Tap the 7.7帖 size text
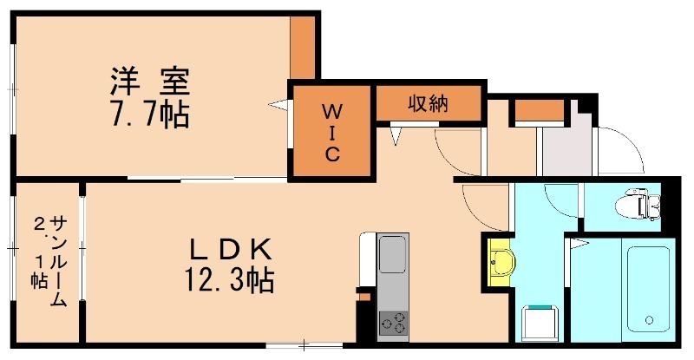(x=149, y=115)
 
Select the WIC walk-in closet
(x=331, y=132)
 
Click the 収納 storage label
(x=428, y=104)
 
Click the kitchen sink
(x=392, y=260)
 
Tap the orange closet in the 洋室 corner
(x=302, y=48)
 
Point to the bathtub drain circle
(x=649, y=321)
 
